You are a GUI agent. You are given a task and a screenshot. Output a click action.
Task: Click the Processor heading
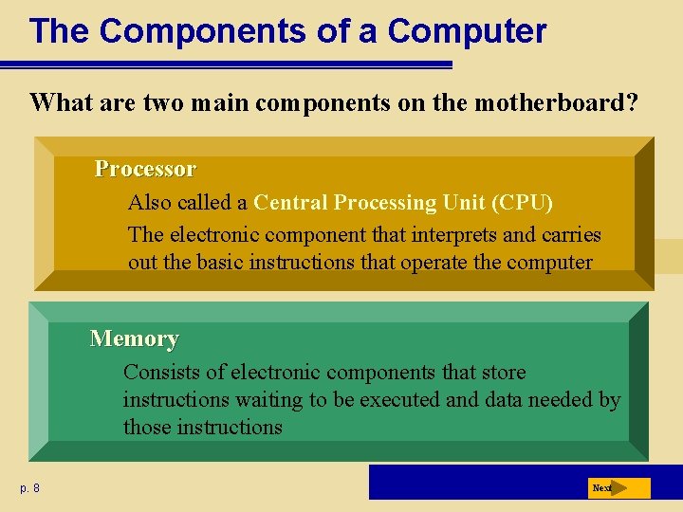145,169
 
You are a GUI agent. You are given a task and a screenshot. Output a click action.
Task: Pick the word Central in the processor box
290,203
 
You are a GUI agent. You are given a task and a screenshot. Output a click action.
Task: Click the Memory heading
134,338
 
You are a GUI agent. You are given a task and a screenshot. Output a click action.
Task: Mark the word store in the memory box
503,373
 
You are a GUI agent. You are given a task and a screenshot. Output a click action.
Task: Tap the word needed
557,400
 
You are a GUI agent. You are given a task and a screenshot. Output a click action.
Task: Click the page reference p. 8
29,488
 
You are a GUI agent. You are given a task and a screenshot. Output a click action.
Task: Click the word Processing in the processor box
392,203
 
